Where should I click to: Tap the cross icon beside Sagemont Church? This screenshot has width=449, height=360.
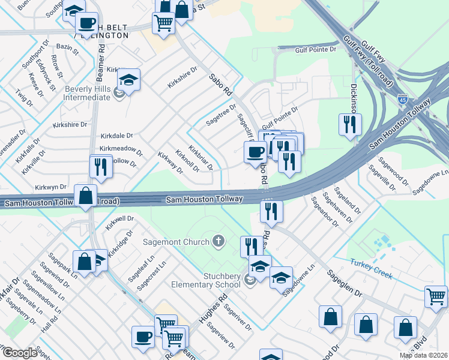(x=219, y=242)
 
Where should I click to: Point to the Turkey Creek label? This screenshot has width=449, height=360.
(x=371, y=271)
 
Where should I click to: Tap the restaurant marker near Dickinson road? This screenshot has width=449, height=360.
(x=349, y=125)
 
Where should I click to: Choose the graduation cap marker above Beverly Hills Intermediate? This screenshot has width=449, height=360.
(x=128, y=80)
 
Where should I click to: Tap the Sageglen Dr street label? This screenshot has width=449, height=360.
(x=345, y=283)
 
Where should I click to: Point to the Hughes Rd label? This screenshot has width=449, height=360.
(x=215, y=305)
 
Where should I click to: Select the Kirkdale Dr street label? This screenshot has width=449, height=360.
(x=116, y=136)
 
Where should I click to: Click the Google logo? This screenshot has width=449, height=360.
(x=20, y=353)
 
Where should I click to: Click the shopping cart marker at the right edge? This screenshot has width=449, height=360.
(x=436, y=296)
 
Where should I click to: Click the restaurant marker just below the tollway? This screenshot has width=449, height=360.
(x=271, y=211)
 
